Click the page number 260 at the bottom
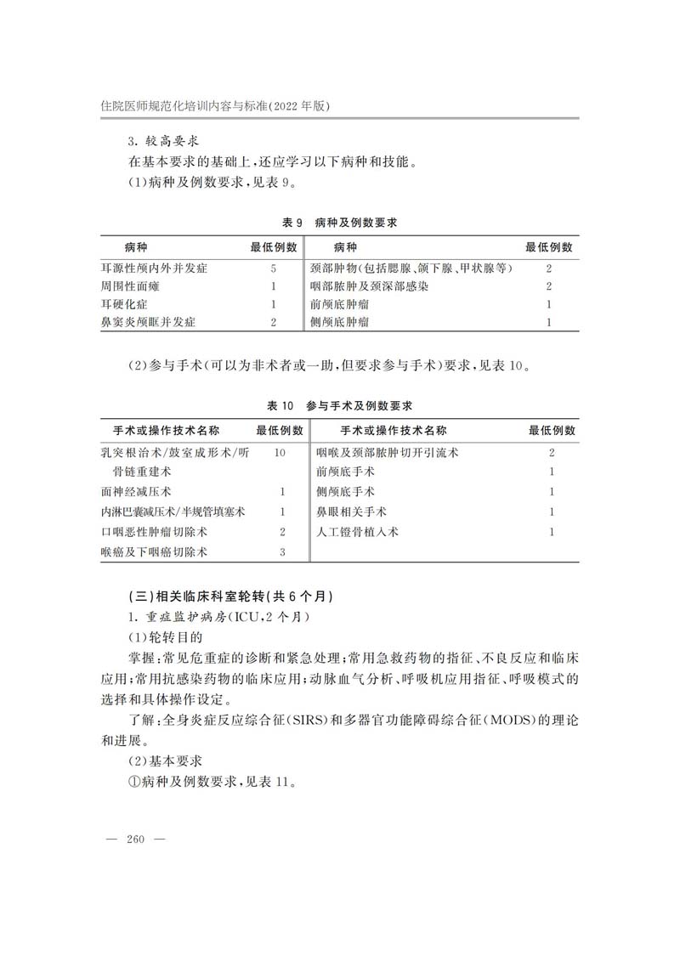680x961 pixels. point(137,839)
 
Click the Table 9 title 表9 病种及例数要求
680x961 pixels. point(339,223)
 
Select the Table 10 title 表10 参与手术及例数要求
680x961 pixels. point(339,405)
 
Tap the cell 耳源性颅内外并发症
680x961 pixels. point(154,269)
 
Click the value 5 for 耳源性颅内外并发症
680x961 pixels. point(274,269)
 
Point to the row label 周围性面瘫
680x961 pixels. point(130,286)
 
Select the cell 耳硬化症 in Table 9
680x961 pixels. point(124,304)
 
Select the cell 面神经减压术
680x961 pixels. point(136,492)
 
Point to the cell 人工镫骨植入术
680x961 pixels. point(357,532)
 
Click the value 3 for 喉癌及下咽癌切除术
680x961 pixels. point(282,552)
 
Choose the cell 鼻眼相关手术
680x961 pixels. point(351,512)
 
